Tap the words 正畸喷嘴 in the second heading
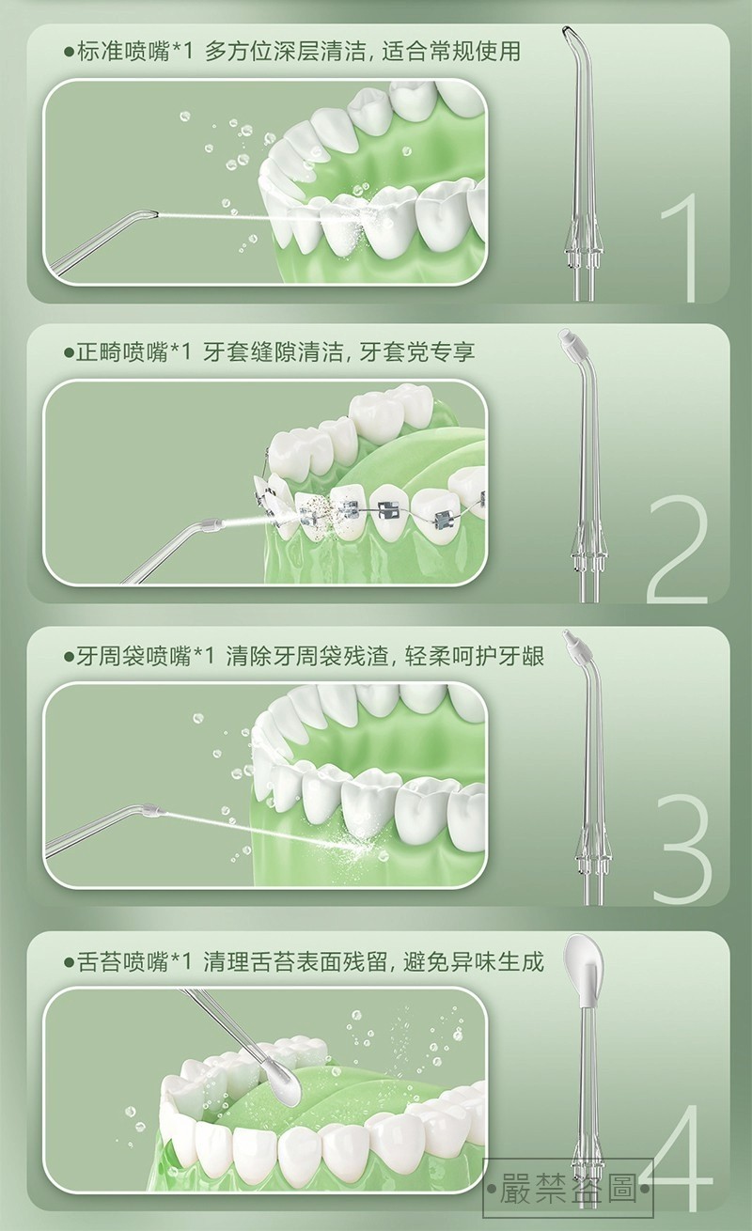(122, 352)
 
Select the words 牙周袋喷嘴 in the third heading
(133, 656)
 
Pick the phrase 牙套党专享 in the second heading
(416, 352)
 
